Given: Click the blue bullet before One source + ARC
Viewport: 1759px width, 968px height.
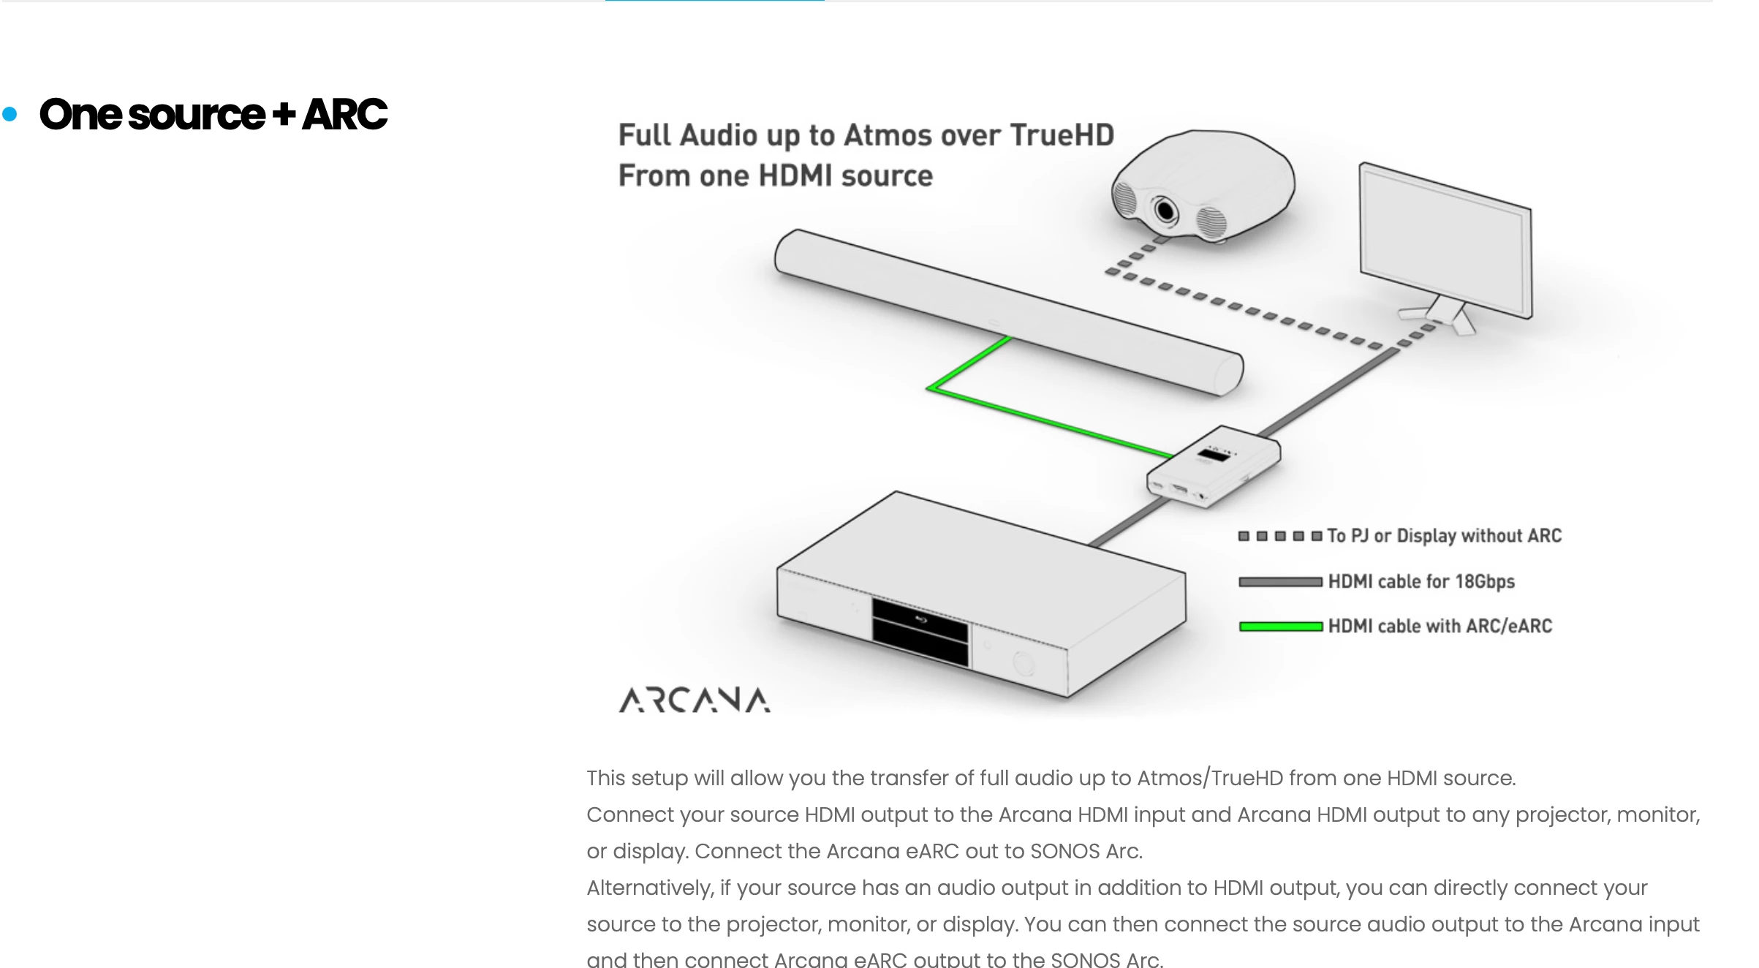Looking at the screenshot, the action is (10, 114).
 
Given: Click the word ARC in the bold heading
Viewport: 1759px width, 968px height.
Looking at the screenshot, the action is (344, 114).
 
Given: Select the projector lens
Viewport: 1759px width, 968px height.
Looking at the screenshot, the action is (1165, 211).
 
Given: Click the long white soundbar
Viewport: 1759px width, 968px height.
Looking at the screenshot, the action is (1009, 313).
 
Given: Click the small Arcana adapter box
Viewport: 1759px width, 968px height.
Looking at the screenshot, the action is (1214, 466).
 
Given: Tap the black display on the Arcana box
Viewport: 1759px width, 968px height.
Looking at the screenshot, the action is (1214, 455).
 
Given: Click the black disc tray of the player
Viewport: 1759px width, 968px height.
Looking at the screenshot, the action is (920, 632).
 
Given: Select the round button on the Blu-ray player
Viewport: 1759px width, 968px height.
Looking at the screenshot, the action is (1024, 663).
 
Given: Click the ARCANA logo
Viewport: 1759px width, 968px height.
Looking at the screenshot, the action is (694, 700).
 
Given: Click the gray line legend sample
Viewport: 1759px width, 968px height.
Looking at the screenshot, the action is (1280, 582).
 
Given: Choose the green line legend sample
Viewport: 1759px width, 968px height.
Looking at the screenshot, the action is (1280, 627).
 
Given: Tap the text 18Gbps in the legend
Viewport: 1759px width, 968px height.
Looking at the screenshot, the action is (1485, 582).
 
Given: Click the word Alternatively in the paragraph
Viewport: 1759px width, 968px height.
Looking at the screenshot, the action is (650, 888).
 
